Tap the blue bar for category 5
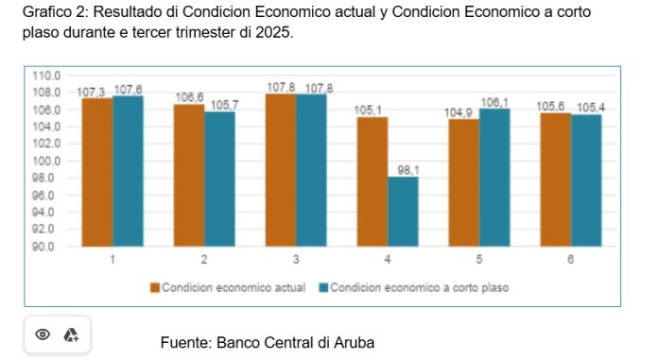[x=494, y=178]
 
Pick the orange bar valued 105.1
[x=372, y=181]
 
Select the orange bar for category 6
[x=555, y=180]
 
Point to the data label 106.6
[x=189, y=97]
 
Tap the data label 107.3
[x=91, y=93]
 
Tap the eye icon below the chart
[x=43, y=334]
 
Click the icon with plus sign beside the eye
[x=71, y=334]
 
